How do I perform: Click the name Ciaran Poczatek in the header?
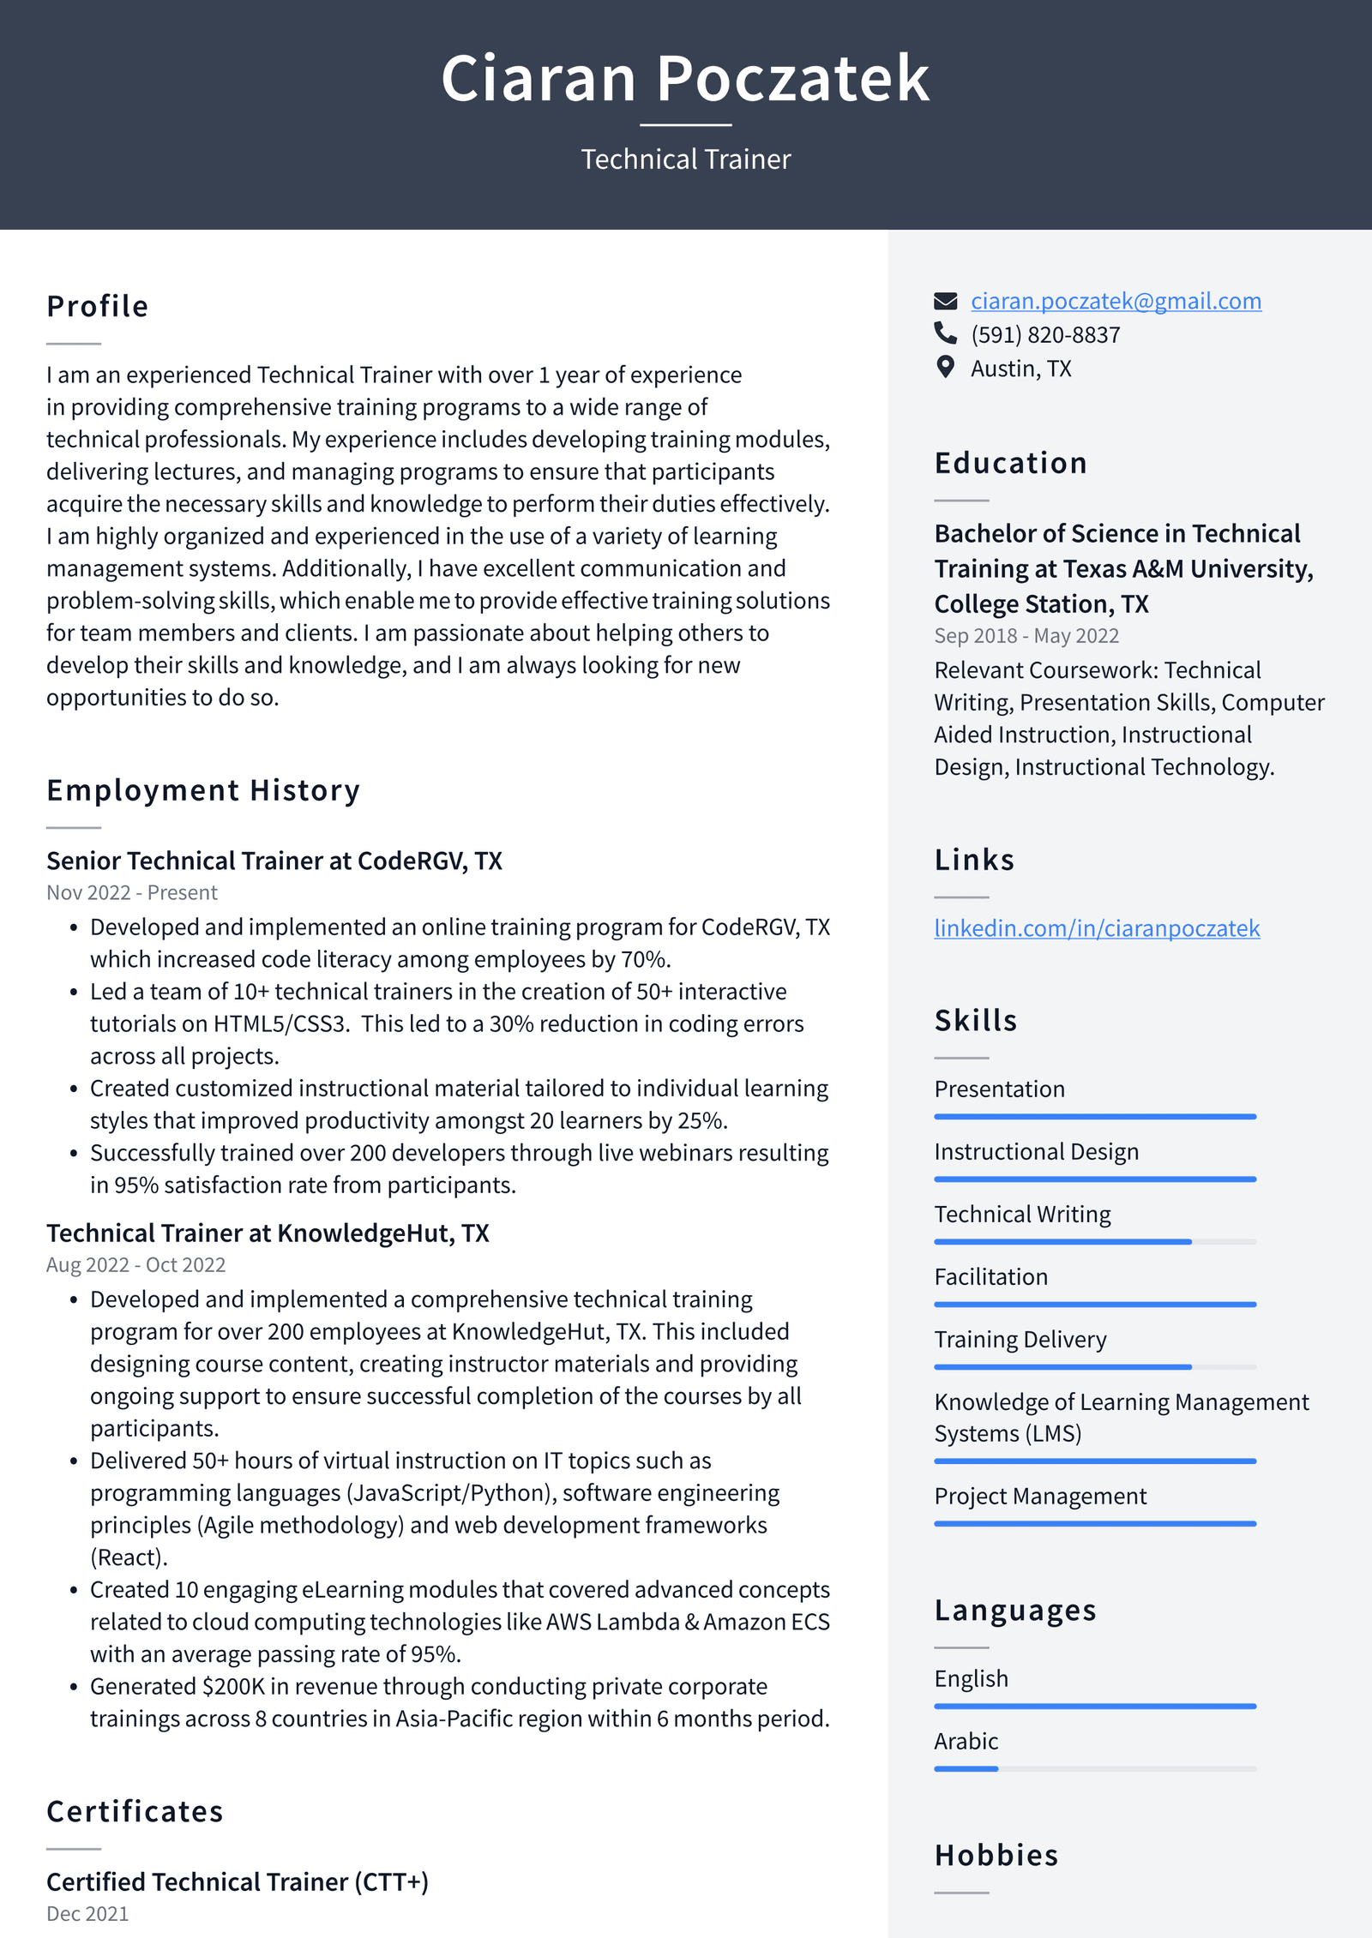[x=685, y=79]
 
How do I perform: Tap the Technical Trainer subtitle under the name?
[x=685, y=159]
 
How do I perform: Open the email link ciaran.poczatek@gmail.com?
[x=1115, y=301]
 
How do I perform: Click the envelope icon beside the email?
[x=945, y=301]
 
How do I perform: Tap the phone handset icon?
[x=945, y=333]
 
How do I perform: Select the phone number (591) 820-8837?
[x=1044, y=335]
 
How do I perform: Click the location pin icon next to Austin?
[x=945, y=368]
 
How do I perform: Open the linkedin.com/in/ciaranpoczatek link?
[x=1096, y=928]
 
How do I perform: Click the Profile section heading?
[x=98, y=307]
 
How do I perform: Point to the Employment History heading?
[x=203, y=790]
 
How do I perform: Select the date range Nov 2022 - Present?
[x=132, y=893]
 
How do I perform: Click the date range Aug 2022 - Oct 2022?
[x=135, y=1265]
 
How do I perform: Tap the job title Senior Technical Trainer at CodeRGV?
[x=274, y=861]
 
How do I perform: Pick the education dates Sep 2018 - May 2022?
[x=1026, y=636]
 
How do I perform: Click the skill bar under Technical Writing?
[x=1094, y=1242]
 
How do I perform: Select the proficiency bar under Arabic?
[x=1094, y=1769]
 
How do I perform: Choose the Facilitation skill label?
[x=990, y=1277]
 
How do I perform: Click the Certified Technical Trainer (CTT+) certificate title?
[x=238, y=1882]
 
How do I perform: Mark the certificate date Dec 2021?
[x=87, y=1914]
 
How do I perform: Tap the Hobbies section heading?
[x=996, y=1856]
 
